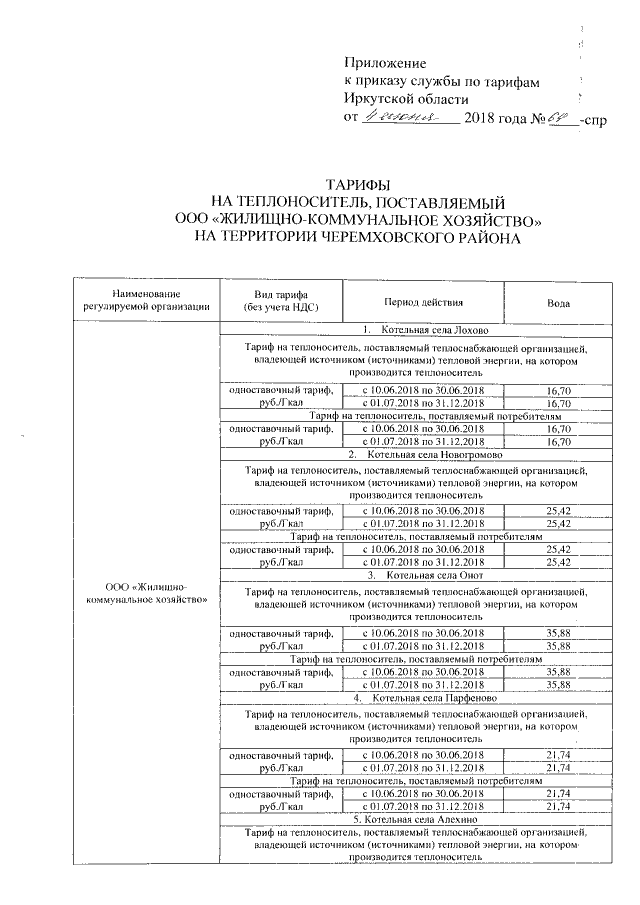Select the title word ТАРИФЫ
(359, 186)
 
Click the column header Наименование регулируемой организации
(147, 299)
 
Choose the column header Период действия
(423, 300)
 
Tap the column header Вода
(559, 300)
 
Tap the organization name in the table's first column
(147, 591)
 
